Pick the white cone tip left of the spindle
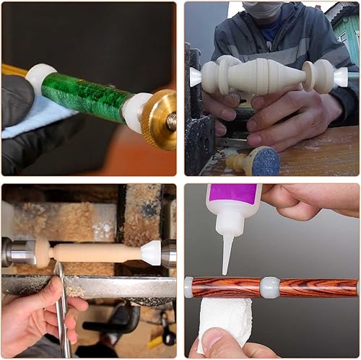(196, 77)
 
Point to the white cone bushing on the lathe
(150, 252)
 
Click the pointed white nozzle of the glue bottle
(227, 253)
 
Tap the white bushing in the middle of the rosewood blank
(269, 287)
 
